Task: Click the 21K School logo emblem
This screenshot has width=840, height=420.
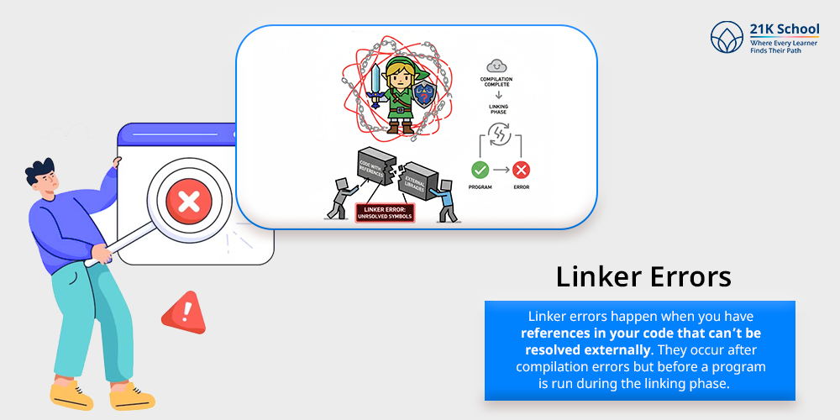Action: point(727,39)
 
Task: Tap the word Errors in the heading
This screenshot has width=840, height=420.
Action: point(690,276)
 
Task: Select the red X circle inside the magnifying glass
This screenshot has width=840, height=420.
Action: point(189,201)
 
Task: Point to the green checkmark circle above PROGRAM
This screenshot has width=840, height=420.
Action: point(480,168)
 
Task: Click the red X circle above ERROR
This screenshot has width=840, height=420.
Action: point(521,168)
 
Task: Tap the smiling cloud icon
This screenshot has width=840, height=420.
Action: point(496,65)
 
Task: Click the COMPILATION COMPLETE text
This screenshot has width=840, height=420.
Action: point(496,82)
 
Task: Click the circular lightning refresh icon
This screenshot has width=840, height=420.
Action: point(499,137)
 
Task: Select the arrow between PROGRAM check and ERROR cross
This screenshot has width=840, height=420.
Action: point(501,168)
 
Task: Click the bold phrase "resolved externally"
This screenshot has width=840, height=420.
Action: point(571,348)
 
